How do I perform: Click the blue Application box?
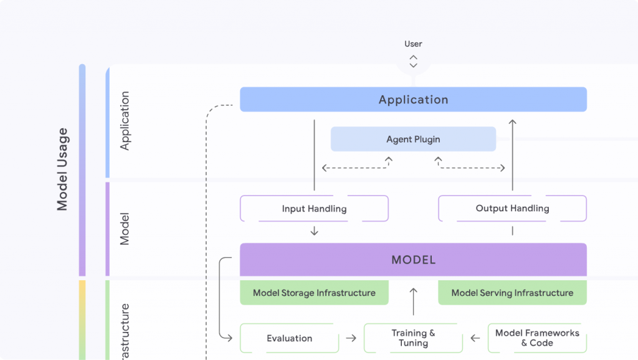(413, 100)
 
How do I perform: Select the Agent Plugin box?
(413, 140)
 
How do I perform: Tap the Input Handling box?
(314, 209)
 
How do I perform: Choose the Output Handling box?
(512, 209)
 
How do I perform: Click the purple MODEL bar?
(413, 260)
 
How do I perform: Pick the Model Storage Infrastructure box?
(314, 293)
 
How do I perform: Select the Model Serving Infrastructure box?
(512, 293)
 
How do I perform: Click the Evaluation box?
(289, 338)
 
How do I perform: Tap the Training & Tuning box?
(413, 338)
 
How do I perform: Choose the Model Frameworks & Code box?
(537, 338)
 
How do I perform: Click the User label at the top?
(413, 44)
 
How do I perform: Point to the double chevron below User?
(413, 61)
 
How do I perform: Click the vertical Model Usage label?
(62, 169)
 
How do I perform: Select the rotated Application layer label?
(125, 121)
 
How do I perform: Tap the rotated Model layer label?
(125, 229)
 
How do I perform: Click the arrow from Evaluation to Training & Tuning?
(351, 338)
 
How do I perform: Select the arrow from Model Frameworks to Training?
(475, 338)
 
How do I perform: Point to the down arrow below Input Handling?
(314, 231)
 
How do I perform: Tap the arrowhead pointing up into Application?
(512, 123)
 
